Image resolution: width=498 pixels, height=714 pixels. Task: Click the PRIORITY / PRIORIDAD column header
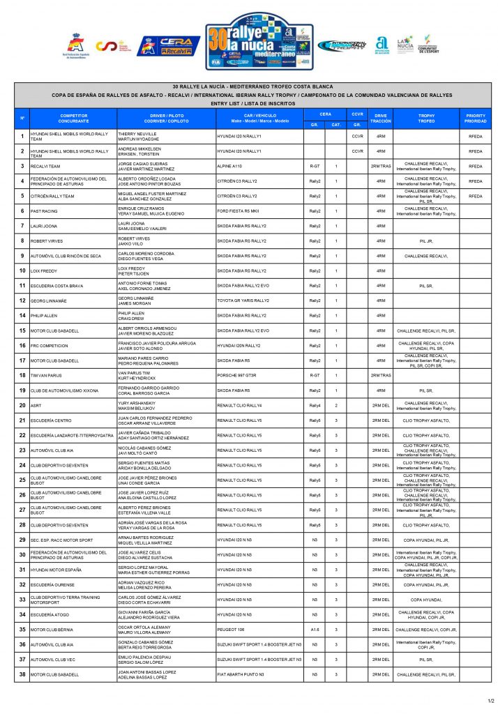click(475, 118)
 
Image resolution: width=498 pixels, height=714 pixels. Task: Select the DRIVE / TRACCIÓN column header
click(380, 118)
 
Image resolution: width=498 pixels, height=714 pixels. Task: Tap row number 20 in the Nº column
click(22, 405)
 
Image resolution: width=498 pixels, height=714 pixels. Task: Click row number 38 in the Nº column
click(22, 674)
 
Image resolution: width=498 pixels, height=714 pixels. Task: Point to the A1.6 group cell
click(315, 630)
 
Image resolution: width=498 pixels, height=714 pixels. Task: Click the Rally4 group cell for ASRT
click(315, 405)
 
